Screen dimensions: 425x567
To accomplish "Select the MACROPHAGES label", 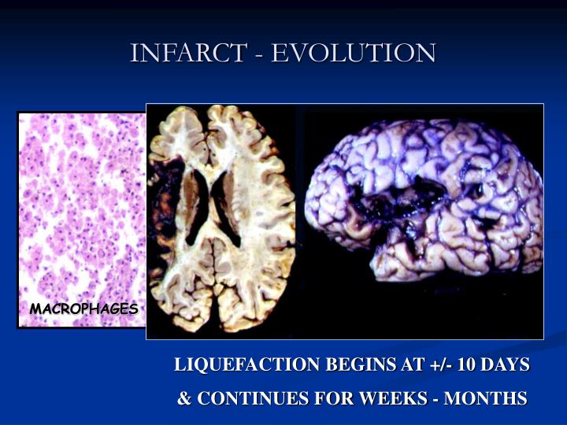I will [84, 309].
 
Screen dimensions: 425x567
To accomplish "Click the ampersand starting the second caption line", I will [185, 398].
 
